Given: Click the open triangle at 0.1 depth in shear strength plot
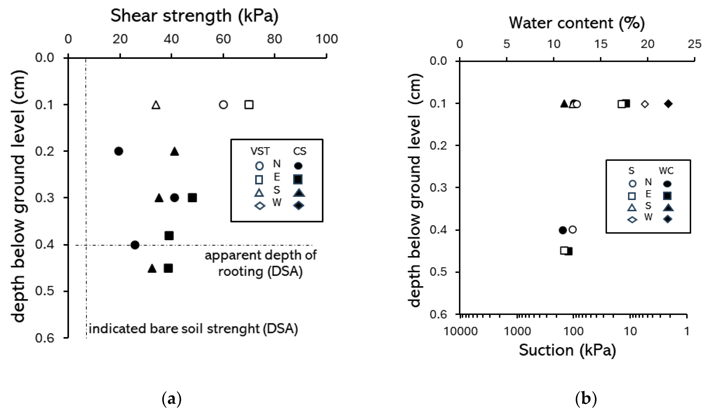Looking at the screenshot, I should pos(156,105).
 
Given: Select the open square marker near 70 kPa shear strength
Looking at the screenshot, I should pos(249,105).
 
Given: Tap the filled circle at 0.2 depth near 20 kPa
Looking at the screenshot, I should pos(119,151).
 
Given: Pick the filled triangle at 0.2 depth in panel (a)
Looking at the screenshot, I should pos(175,151).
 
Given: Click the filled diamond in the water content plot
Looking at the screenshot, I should pos(668,104).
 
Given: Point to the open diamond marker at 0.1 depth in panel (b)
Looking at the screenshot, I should pos(645,104).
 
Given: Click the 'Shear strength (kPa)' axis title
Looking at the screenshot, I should pos(194,16).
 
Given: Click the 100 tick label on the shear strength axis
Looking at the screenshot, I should pos(326,39).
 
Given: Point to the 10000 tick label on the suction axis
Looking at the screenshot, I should pos(460,331).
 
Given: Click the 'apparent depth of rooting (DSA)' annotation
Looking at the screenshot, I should pos(260,263).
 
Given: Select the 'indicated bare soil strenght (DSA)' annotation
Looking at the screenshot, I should pos(193,329).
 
